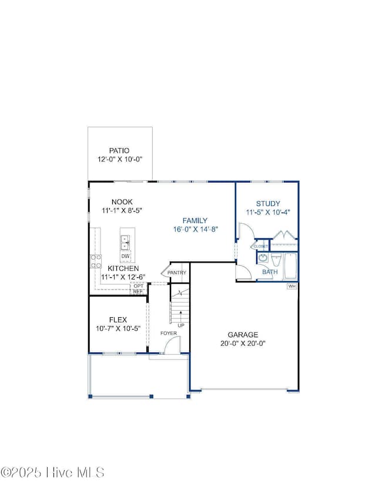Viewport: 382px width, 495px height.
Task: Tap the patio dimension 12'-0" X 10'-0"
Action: pyautogui.click(x=120, y=160)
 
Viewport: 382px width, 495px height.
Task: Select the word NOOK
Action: pyautogui.click(x=112, y=201)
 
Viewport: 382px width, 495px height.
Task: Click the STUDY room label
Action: pyautogui.click(x=267, y=204)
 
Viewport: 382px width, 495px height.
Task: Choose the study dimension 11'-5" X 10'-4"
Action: pyautogui.click(x=267, y=212)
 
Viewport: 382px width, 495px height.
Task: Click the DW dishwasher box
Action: pyautogui.click(x=126, y=256)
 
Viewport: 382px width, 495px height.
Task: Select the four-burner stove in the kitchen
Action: pyautogui.click(x=96, y=261)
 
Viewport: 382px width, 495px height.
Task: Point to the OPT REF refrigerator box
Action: pyautogui.click(x=138, y=288)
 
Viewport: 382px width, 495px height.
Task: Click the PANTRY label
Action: pyautogui.click(x=177, y=273)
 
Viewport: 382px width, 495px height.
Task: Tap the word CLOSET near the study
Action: pyautogui.click(x=260, y=246)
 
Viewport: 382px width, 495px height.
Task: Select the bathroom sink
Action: pyautogui.click(x=262, y=258)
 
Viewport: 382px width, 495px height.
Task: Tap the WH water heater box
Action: pyautogui.click(x=291, y=286)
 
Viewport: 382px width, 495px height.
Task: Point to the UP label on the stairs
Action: pyautogui.click(x=180, y=325)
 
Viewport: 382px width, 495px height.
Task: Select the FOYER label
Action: pyautogui.click(x=170, y=334)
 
